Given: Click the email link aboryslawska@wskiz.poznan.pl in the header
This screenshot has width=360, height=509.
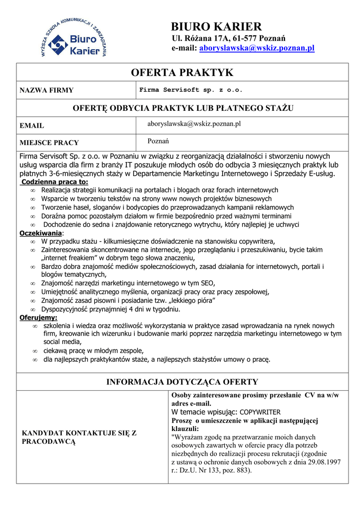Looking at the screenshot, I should [x=257, y=48].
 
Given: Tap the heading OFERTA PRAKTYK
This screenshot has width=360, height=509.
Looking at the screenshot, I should [x=182, y=73].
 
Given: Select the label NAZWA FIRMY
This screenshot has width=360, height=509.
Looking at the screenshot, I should [x=46, y=90].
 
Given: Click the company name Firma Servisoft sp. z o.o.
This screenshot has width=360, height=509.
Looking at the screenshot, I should [x=191, y=90].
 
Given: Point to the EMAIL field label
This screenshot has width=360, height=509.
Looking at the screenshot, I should [x=32, y=126].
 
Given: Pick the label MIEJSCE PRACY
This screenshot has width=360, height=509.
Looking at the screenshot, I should [x=49, y=143].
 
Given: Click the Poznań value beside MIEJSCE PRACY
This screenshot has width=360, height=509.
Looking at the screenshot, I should [x=155, y=141].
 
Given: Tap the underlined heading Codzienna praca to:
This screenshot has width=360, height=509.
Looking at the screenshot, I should [x=55, y=182].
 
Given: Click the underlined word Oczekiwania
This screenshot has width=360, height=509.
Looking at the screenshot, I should [x=41, y=233].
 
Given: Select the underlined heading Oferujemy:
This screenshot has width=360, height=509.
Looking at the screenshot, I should [x=38, y=318].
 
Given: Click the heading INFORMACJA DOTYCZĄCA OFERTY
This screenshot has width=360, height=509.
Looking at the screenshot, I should [x=182, y=382].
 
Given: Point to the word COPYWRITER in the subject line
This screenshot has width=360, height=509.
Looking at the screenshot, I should [x=260, y=412].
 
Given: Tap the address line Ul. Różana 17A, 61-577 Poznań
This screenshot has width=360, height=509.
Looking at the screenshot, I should [x=228, y=38].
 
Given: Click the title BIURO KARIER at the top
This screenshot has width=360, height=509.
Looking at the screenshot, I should [x=216, y=26].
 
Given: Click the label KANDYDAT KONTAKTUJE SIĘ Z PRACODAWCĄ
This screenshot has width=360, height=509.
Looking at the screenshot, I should [x=79, y=437].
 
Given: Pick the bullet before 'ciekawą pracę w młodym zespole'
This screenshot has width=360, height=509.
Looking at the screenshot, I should [x=35, y=350].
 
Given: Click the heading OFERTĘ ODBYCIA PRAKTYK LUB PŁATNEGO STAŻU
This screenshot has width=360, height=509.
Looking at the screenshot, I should [x=182, y=108].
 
